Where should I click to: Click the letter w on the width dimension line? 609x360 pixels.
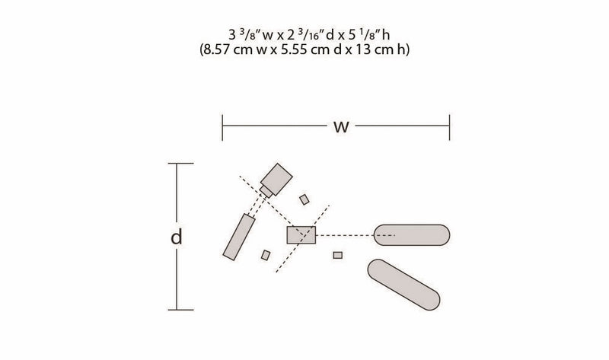pyautogui.click(x=341, y=127)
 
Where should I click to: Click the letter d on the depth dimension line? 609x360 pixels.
pyautogui.click(x=177, y=237)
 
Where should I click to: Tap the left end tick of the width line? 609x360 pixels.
pyautogui.click(x=222, y=127)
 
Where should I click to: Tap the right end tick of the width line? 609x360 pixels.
pyautogui.click(x=449, y=127)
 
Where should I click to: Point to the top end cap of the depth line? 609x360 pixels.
pyautogui.click(x=180, y=164)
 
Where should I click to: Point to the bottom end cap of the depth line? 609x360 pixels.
pyautogui.click(x=180, y=310)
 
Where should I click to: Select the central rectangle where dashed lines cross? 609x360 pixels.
pyautogui.click(x=301, y=235)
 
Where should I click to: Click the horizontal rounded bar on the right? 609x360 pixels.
pyautogui.click(x=412, y=235)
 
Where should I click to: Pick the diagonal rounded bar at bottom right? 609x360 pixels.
pyautogui.click(x=403, y=285)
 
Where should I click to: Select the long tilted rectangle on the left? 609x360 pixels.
pyautogui.click(x=239, y=237)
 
